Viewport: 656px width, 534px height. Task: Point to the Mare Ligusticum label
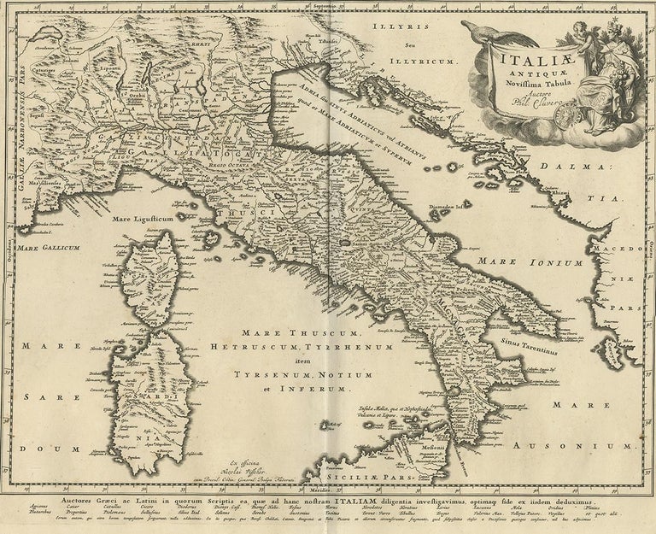(151, 218)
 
